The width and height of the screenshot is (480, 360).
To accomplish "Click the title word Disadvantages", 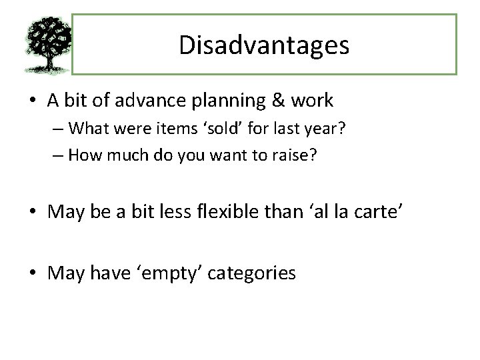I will coord(264,45).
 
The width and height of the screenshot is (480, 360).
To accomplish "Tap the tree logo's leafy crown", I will coord(47,37).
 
